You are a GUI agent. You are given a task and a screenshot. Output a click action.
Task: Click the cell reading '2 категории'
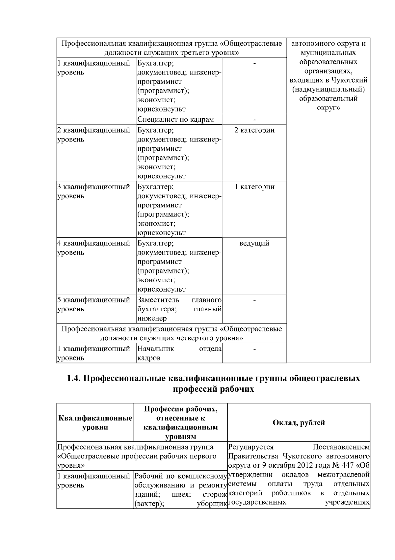click(254, 130)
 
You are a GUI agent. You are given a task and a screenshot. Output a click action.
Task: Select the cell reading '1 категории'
click(254, 187)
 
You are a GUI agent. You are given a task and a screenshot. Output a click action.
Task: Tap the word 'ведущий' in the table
click(254, 243)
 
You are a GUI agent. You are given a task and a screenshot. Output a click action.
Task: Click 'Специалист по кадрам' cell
click(175, 119)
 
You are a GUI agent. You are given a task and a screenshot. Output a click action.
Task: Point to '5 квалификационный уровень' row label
click(93, 304)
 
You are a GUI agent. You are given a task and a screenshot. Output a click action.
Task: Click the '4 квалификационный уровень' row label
click(93, 248)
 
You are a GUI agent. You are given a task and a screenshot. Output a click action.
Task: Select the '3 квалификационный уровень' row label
click(93, 191)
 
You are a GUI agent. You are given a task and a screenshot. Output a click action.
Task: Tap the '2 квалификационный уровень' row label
click(93, 134)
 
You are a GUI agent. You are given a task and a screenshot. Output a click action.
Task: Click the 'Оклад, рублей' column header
click(299, 422)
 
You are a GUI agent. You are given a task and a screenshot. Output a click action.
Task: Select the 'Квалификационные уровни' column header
click(95, 422)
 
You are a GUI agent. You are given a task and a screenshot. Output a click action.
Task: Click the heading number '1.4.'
click(74, 378)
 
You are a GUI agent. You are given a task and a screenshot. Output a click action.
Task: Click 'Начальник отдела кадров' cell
click(179, 353)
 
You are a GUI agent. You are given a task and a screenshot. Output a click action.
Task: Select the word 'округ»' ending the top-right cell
click(328, 108)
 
